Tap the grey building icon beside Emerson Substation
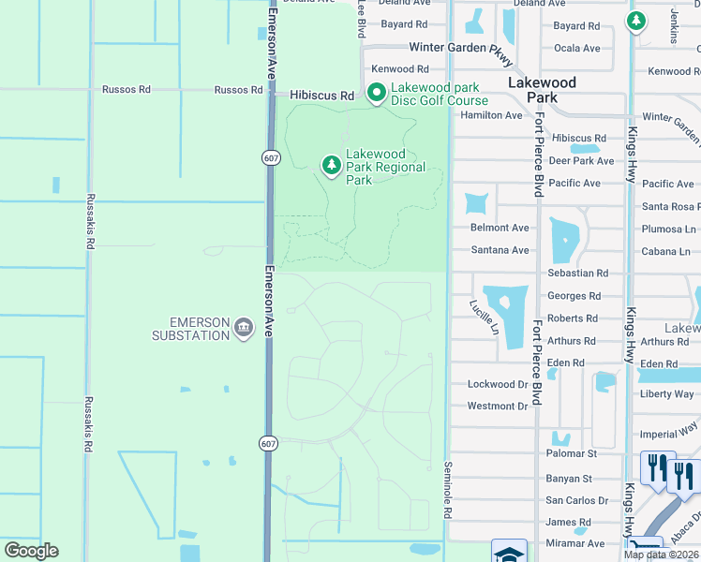(x=245, y=327)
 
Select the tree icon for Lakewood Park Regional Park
(x=331, y=166)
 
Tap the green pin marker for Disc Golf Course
(x=377, y=94)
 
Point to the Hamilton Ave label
(x=491, y=115)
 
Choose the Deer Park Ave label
(x=581, y=161)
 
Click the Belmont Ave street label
(x=500, y=228)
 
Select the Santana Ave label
(x=500, y=250)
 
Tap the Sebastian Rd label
(x=577, y=274)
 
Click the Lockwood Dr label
(x=498, y=384)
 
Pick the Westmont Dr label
(x=498, y=407)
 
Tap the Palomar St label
(x=572, y=453)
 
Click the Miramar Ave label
(x=575, y=543)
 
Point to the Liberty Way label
(x=666, y=394)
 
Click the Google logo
(x=31, y=551)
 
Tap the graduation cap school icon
(x=509, y=553)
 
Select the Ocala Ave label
(x=577, y=48)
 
